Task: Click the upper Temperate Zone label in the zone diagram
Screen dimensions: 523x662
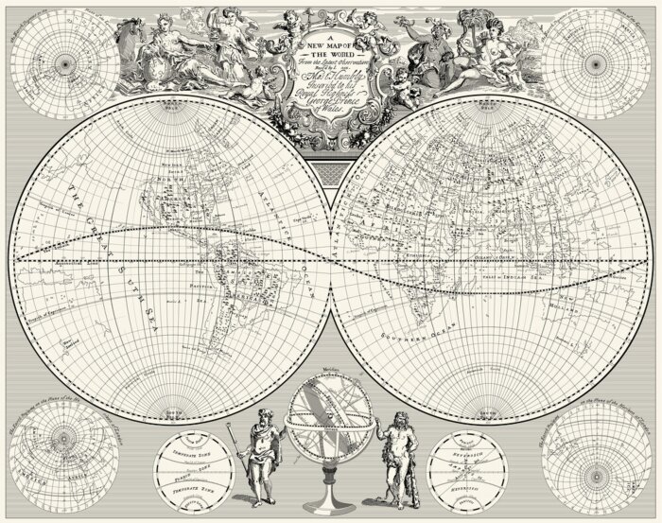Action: pyautogui.click(x=200, y=454)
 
